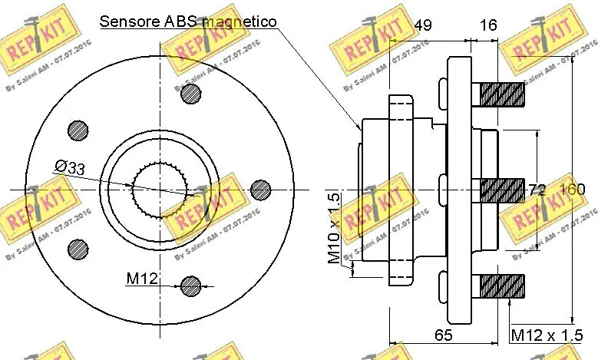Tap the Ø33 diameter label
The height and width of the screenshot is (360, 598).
tap(69, 167)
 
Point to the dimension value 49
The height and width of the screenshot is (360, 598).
tap(422, 25)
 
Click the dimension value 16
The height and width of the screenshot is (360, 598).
tap(487, 25)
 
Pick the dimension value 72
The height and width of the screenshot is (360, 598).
tap(537, 190)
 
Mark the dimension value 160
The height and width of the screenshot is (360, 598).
tap(572, 190)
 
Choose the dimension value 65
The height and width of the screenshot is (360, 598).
tap(442, 335)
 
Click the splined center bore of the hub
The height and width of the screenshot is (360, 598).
tap(160, 189)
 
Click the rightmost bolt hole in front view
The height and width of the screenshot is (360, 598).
tap(261, 189)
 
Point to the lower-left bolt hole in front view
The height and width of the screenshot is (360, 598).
tap(78, 247)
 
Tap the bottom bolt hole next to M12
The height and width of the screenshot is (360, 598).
tap(192, 286)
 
